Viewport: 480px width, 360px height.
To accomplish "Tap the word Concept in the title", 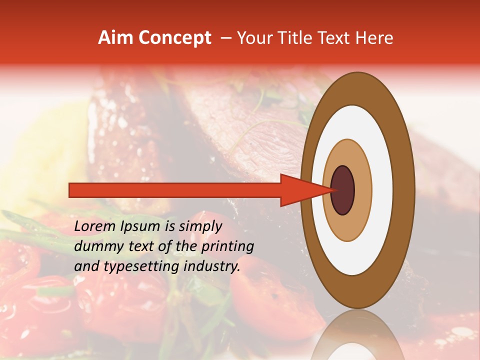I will coord(174,38).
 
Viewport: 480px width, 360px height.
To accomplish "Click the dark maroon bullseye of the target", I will coord(342,190).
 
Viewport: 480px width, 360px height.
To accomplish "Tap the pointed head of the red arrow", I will coord(320,190).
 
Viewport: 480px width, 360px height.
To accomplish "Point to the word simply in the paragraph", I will coord(198,226).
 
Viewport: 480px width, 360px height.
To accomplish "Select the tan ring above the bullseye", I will coord(347,152).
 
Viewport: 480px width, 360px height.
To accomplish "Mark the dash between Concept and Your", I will coord(225,38).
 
